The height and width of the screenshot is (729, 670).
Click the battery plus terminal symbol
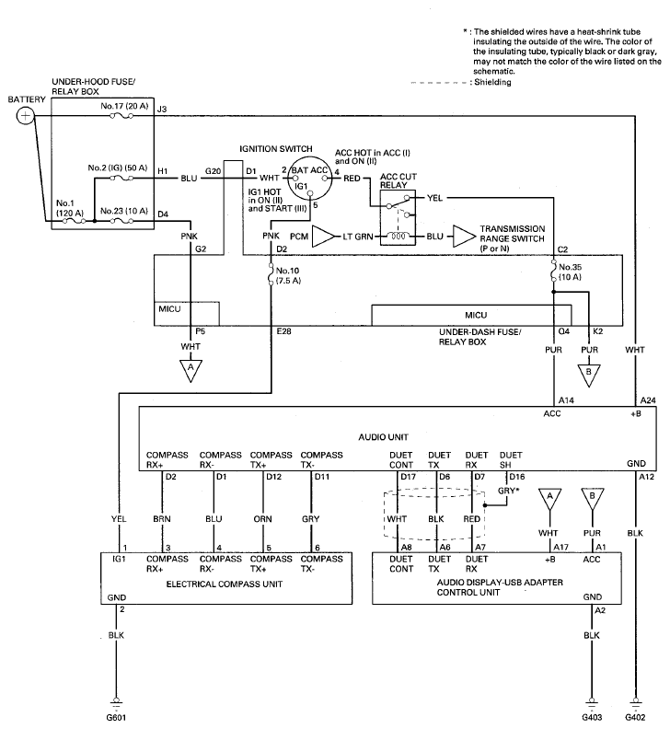(x=26, y=116)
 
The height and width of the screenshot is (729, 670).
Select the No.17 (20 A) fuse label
(x=124, y=107)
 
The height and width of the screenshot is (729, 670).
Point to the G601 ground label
(x=116, y=718)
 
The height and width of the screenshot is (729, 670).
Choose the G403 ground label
(x=592, y=718)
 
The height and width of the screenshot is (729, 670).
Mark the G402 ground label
(x=635, y=718)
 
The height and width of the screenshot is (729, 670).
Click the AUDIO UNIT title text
(x=383, y=437)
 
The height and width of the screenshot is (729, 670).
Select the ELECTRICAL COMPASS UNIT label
(x=225, y=584)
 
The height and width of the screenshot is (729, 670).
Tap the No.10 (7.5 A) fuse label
(x=288, y=276)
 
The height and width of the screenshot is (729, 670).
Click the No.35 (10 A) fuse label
(x=570, y=272)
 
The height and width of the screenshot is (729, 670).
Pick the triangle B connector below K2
(x=589, y=376)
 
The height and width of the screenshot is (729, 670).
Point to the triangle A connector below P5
(x=191, y=371)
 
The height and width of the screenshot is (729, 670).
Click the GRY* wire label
(x=508, y=491)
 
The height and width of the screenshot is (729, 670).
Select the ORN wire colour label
(x=262, y=519)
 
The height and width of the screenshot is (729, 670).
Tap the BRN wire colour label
(x=162, y=519)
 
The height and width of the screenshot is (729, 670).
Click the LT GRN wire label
(x=358, y=237)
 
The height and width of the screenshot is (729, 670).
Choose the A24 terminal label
(x=648, y=400)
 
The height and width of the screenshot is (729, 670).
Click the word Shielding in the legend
(x=493, y=82)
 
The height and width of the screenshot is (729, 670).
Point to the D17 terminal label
(x=408, y=477)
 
